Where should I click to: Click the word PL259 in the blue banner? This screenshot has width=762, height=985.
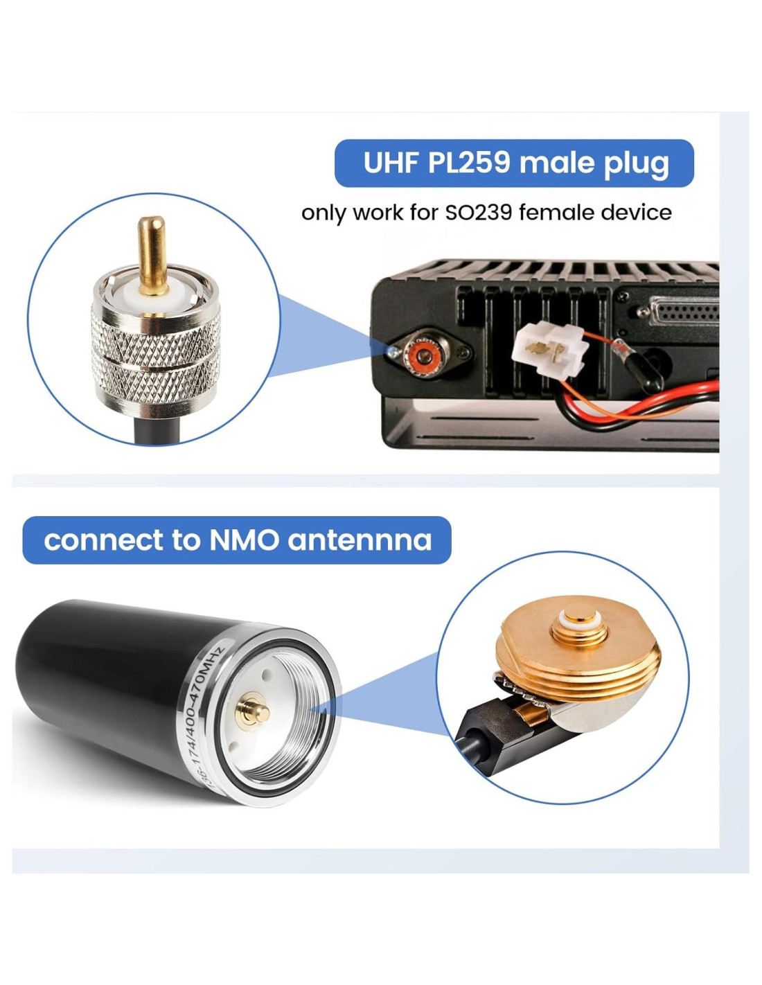click(468, 163)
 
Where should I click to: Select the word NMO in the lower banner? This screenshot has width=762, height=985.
click(245, 540)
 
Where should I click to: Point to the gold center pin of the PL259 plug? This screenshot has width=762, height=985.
click(152, 256)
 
